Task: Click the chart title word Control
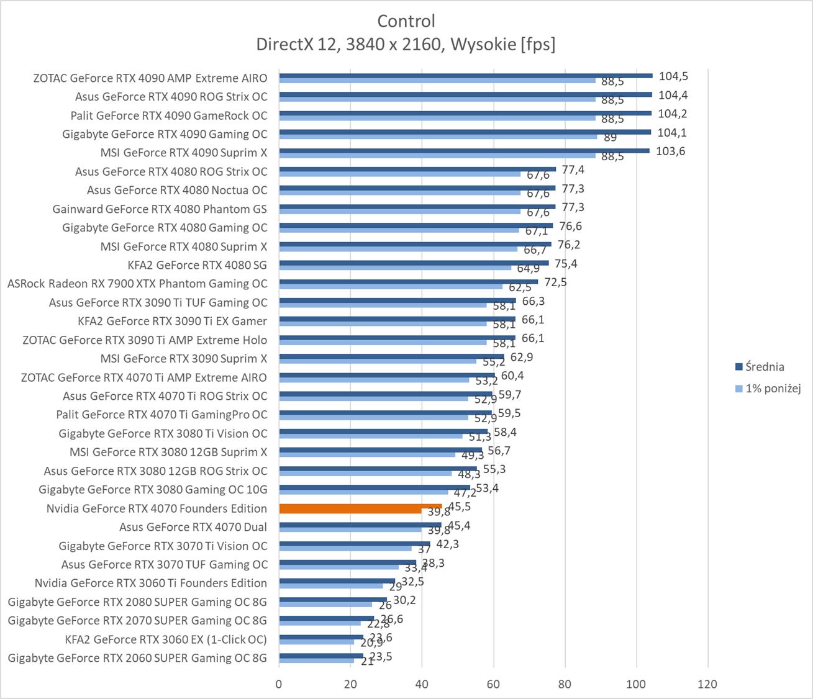(x=406, y=21)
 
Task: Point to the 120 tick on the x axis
(x=707, y=684)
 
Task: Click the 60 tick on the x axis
(x=494, y=684)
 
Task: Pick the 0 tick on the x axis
(x=279, y=684)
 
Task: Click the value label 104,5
(x=674, y=76)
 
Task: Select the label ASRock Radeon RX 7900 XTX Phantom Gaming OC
(x=137, y=284)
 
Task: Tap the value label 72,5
(x=555, y=282)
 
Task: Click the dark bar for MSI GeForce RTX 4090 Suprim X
(x=464, y=150)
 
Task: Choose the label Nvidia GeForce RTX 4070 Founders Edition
(x=157, y=508)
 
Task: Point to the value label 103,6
(x=670, y=151)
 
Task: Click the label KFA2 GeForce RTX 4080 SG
(x=197, y=265)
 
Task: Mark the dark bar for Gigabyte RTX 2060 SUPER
(x=320, y=656)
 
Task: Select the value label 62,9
(x=521, y=357)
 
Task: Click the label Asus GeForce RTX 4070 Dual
(x=193, y=527)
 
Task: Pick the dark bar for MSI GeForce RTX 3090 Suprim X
(x=391, y=356)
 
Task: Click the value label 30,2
(x=404, y=600)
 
